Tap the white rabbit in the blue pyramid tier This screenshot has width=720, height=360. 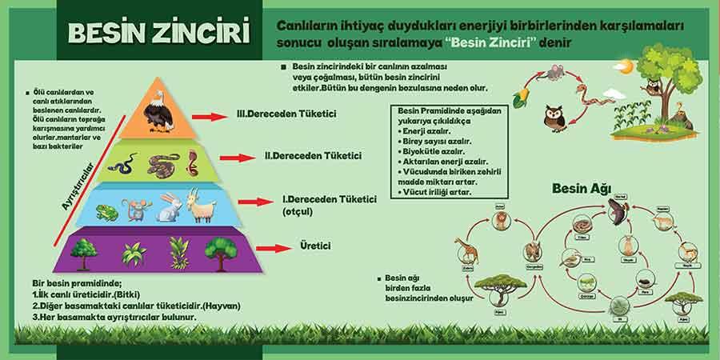pos(167,207)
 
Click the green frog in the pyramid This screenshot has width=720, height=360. pos(106,210)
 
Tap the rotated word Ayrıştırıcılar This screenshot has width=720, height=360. pos(80,182)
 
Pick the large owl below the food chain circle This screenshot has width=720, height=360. pos(554,118)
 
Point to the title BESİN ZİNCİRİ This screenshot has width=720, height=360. pos(158,32)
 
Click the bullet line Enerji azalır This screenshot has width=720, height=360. pos(427,130)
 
